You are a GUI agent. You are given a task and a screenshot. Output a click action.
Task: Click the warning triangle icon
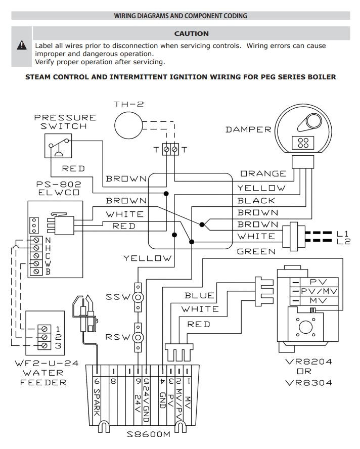click(22, 46)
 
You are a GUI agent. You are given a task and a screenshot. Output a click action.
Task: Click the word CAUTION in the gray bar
click(191, 34)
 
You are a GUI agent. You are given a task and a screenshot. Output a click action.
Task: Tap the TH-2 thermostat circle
click(128, 124)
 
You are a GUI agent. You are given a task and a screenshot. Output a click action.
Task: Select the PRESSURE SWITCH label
click(65, 122)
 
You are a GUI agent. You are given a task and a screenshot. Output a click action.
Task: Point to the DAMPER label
click(248, 129)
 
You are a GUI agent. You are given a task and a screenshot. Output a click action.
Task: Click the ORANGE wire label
click(263, 174)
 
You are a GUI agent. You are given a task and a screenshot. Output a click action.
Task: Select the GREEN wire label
click(256, 251)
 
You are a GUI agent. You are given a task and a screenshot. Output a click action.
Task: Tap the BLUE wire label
click(199, 295)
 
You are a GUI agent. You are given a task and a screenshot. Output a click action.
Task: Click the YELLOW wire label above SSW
click(148, 258)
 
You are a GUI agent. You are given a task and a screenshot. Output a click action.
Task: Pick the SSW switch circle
click(137, 297)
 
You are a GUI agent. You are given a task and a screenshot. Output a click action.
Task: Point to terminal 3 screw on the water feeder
click(45, 345)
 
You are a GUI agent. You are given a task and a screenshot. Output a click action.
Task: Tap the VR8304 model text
click(308, 382)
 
